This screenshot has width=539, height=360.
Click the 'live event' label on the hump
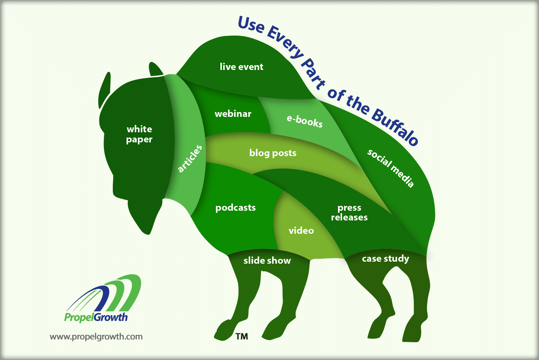[x=241, y=67]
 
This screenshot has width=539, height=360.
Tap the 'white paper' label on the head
[x=140, y=134]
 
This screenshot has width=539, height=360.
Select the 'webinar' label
[x=233, y=114]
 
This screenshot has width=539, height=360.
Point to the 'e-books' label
[x=304, y=121]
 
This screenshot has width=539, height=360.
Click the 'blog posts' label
[x=273, y=153]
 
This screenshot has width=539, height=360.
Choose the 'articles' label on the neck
[x=190, y=159]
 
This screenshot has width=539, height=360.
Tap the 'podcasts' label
[x=235, y=208]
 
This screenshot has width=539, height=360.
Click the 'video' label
[x=301, y=231]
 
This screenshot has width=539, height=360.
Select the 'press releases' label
[x=349, y=212]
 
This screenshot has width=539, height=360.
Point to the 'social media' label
[x=390, y=168]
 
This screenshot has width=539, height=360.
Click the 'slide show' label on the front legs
[x=267, y=260]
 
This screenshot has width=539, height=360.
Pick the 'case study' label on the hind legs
[x=385, y=259]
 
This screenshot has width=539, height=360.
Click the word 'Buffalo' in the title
[x=395, y=127]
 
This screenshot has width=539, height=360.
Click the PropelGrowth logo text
[x=96, y=317]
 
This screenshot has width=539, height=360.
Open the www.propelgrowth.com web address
[x=96, y=337]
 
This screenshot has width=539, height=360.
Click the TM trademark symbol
[x=241, y=337]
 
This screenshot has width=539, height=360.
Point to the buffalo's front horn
[x=104, y=90]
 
